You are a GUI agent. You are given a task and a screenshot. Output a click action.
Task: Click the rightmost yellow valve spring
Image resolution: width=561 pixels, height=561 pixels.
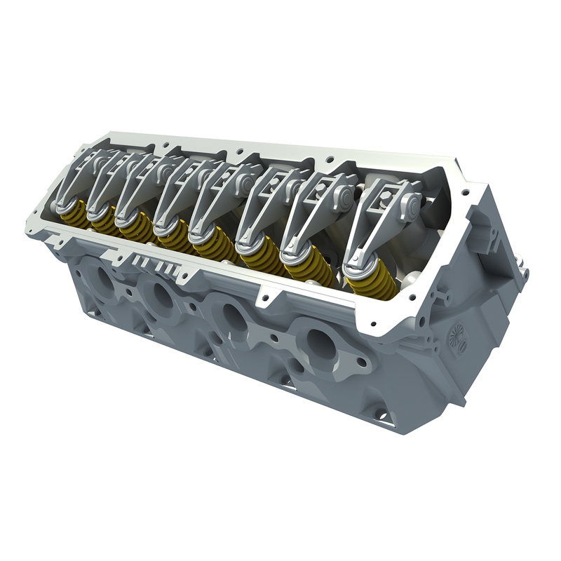point(365,284)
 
